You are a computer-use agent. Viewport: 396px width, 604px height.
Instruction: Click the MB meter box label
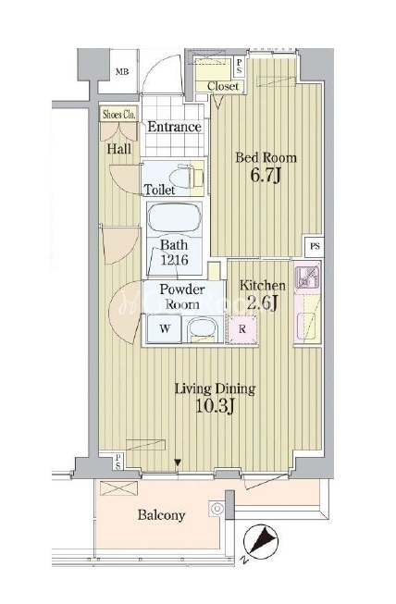point(122,71)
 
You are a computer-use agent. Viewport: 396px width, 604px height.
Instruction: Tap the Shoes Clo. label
point(119,115)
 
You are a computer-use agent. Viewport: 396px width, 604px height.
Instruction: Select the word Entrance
point(174,127)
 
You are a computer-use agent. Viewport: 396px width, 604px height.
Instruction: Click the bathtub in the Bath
point(175,218)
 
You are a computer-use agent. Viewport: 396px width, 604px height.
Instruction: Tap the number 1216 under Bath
point(175,260)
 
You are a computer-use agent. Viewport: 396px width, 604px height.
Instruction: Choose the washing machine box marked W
point(164,328)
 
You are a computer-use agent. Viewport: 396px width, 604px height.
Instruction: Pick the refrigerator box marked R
point(241,329)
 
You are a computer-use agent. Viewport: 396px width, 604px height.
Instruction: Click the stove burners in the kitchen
point(307,277)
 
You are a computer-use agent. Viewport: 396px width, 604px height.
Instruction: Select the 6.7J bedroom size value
point(266,175)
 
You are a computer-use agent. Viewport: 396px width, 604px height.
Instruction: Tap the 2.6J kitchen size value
point(262,302)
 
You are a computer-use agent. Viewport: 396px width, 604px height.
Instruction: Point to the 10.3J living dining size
point(215,406)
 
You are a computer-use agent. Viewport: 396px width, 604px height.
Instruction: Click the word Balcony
point(161,515)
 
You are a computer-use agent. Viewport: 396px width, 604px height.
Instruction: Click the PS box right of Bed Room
point(315,246)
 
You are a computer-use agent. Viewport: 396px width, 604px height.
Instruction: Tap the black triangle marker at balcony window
point(178,462)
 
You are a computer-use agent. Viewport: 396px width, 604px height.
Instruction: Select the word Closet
point(223,86)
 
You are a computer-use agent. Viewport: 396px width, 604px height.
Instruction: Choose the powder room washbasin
point(203,330)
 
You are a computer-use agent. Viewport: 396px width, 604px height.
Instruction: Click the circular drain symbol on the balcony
point(217,509)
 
